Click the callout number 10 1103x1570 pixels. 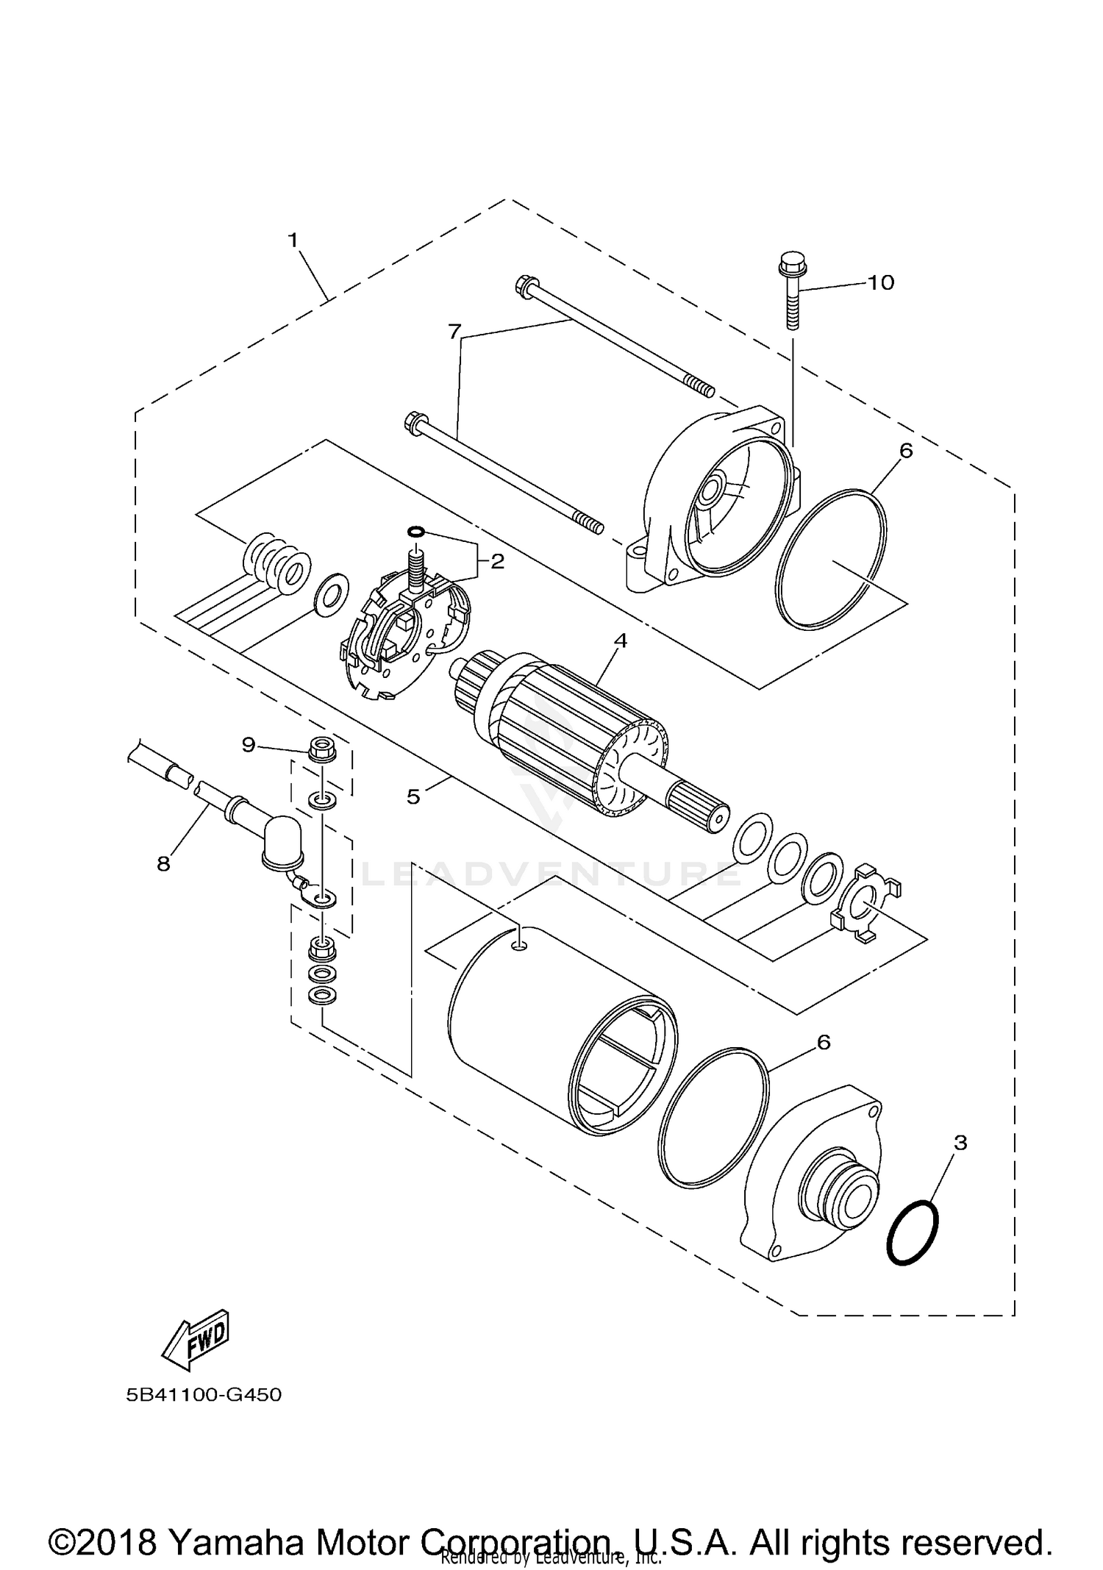click(881, 282)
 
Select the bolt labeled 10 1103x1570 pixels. click(790, 294)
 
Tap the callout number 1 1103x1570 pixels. click(293, 240)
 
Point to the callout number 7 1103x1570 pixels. click(454, 332)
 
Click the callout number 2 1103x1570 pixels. click(497, 562)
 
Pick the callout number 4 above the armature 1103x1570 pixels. click(620, 641)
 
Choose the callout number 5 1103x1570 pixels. click(413, 796)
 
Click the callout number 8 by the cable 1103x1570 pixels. click(163, 863)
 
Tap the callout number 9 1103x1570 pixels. click(249, 745)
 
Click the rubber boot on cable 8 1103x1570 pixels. click(278, 841)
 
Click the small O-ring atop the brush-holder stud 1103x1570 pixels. click(415, 531)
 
